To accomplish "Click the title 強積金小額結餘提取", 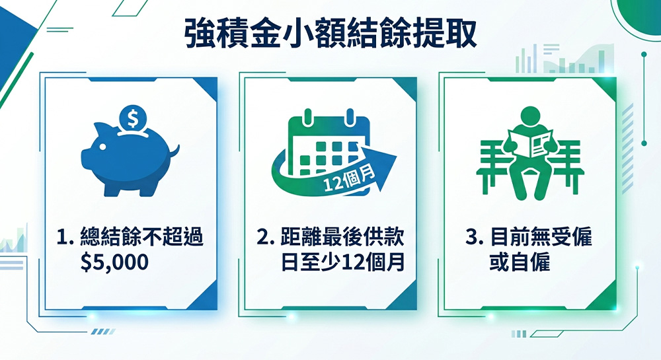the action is pos(331,33).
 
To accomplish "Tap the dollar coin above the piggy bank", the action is pos(132,119).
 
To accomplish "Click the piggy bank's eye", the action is pos(102,147).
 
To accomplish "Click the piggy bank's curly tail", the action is pos(174,151).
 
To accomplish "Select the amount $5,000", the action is pos(114,262).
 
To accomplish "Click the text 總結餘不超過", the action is pos(141,236).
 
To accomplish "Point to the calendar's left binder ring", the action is pos(308,117).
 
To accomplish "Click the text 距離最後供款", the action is pos(342,236).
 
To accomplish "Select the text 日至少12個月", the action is pos(342,262).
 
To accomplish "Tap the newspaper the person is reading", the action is pos(531,143).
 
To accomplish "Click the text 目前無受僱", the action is pos(541,236).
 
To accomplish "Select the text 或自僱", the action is pos(520,262).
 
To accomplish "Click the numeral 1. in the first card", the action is pos(65,237).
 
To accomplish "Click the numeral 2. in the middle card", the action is pos(266,237).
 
